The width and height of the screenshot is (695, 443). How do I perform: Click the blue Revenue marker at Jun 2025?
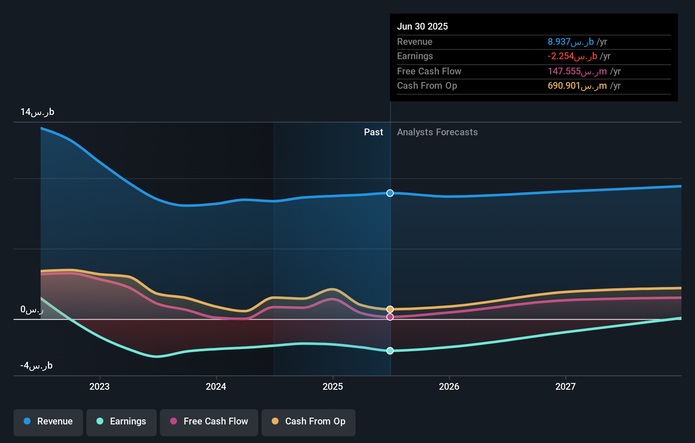(x=390, y=193)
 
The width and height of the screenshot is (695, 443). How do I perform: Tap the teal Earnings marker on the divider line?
(x=390, y=351)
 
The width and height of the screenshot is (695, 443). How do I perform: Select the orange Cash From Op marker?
(x=390, y=309)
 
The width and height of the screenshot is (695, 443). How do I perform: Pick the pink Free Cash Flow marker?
(x=390, y=317)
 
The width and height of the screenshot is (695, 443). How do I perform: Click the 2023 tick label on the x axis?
(x=99, y=386)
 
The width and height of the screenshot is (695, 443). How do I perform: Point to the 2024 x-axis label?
(x=216, y=386)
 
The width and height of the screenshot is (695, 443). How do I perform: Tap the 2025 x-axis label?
(x=333, y=386)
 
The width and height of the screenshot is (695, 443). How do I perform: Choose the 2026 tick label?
(x=449, y=386)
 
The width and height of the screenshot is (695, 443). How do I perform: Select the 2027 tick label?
(x=565, y=386)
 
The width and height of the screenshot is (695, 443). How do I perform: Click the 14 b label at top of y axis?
(x=37, y=112)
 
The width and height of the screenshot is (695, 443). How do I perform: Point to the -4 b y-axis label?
(x=36, y=366)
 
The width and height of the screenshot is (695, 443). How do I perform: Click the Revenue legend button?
(x=48, y=421)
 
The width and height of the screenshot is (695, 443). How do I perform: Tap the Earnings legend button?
(x=121, y=421)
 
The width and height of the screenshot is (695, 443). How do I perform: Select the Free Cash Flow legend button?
(x=209, y=421)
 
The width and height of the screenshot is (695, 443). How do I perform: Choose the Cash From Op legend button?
(x=309, y=421)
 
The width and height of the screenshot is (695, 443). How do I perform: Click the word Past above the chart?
(x=373, y=132)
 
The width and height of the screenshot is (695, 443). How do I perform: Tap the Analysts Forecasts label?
(x=437, y=132)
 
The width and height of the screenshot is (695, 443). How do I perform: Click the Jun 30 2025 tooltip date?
(x=422, y=26)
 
